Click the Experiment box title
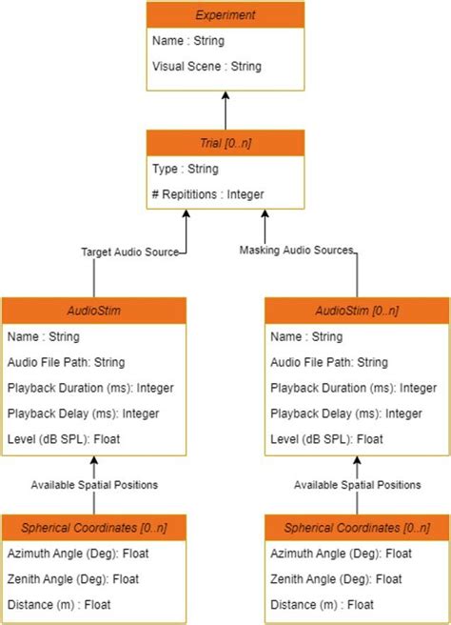coord(225,14)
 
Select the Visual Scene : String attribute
coord(208,66)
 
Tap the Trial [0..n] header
coord(225,143)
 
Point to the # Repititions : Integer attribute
coord(208,194)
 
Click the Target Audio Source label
coord(129,252)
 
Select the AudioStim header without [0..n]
coord(93,311)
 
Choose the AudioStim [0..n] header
coord(357,311)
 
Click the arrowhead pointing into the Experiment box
coord(225,96)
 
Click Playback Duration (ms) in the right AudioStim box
coord(346,388)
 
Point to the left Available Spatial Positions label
coord(94,485)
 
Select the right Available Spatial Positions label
coord(358,485)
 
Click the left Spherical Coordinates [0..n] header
coord(93,528)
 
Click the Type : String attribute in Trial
coord(186,169)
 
